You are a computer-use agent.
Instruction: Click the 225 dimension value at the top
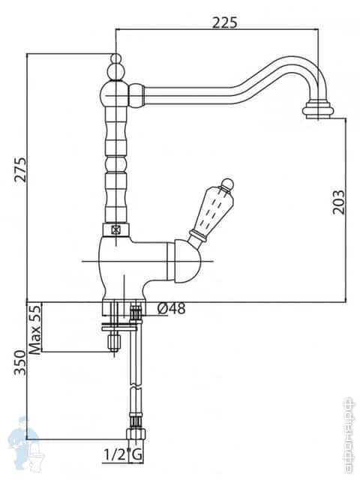(224, 22)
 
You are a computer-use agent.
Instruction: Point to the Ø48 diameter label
(172, 308)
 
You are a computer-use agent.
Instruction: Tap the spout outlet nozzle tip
(319, 112)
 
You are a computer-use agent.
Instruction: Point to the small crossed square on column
(115, 231)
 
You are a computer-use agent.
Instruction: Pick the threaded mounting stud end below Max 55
(115, 343)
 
